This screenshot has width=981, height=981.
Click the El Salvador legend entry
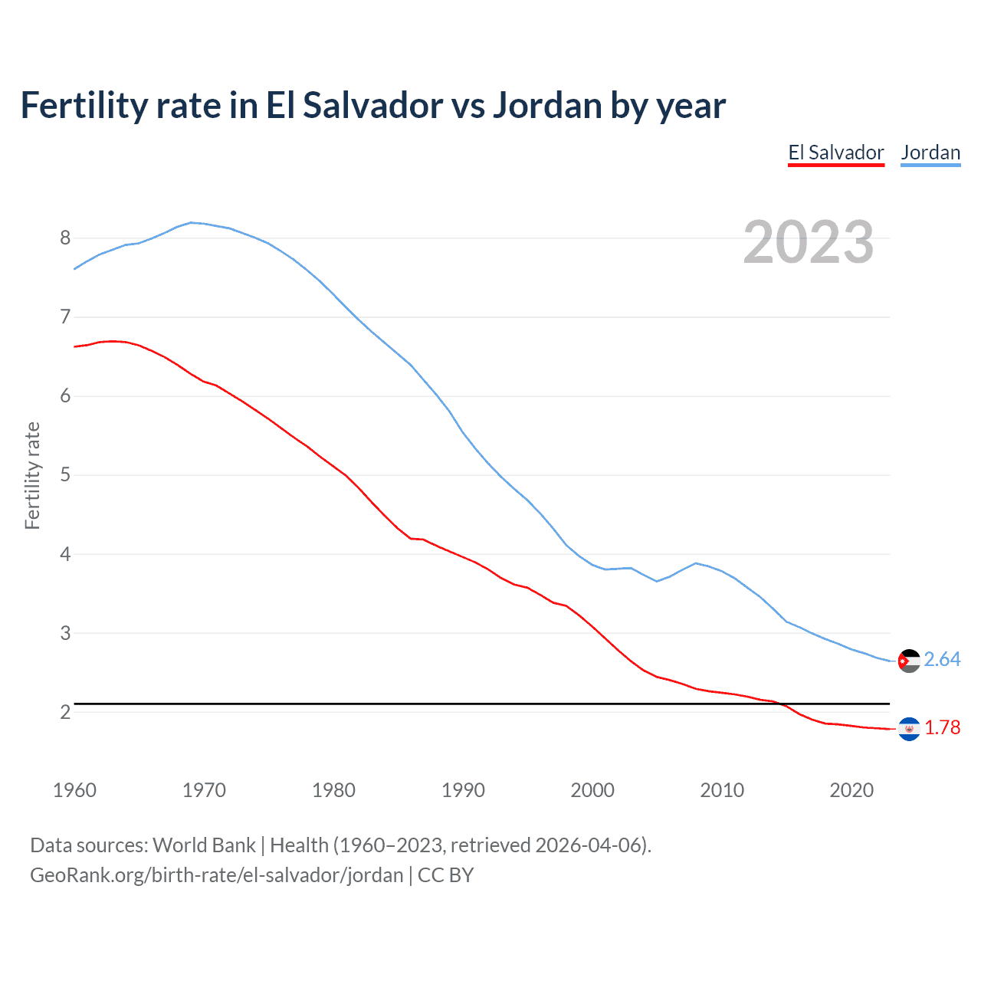pos(836,153)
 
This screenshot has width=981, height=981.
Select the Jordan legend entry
pos(930,153)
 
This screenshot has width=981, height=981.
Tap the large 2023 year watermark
pos(809,242)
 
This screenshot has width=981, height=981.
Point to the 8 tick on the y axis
pos(65,238)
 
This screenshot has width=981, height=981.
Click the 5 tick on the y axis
pos(65,475)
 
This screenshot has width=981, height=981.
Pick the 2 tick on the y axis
pos(65,712)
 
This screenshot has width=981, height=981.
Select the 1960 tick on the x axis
pos(74,790)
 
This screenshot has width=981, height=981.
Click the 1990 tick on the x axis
pos(463,790)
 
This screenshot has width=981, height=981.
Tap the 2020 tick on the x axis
pos(851,790)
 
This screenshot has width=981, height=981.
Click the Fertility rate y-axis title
pos(32,475)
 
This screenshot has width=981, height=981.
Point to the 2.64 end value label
pos(942,660)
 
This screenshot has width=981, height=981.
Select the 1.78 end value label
pos(942,728)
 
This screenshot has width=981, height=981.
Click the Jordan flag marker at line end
pos(909,661)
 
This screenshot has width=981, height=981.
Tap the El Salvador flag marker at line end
pos(909,729)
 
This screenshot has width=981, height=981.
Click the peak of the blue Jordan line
pos(191,222)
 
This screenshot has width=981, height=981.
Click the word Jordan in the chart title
pos(546,105)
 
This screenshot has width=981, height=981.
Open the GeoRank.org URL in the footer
pos(216,875)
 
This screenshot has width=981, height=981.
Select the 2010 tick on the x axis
pos(722,790)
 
